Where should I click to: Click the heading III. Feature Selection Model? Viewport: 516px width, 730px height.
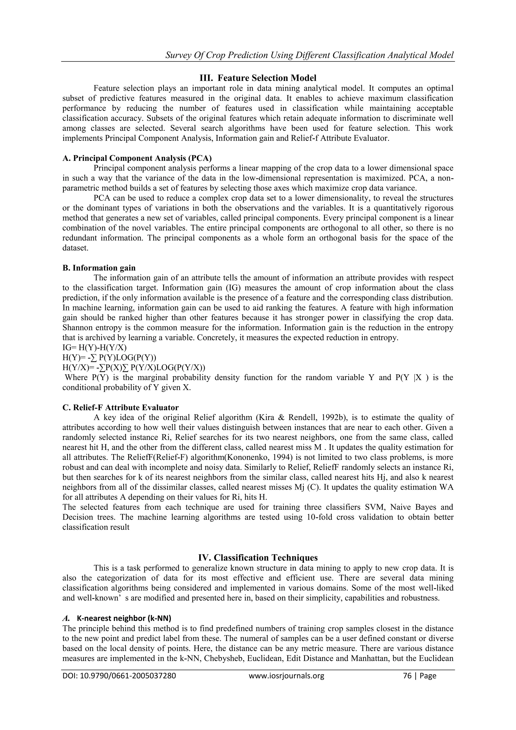tap(258, 78)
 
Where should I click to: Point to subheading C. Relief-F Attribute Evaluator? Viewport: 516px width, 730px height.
tap(120, 407)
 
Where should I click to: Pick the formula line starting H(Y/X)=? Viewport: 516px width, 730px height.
tap(134, 368)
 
